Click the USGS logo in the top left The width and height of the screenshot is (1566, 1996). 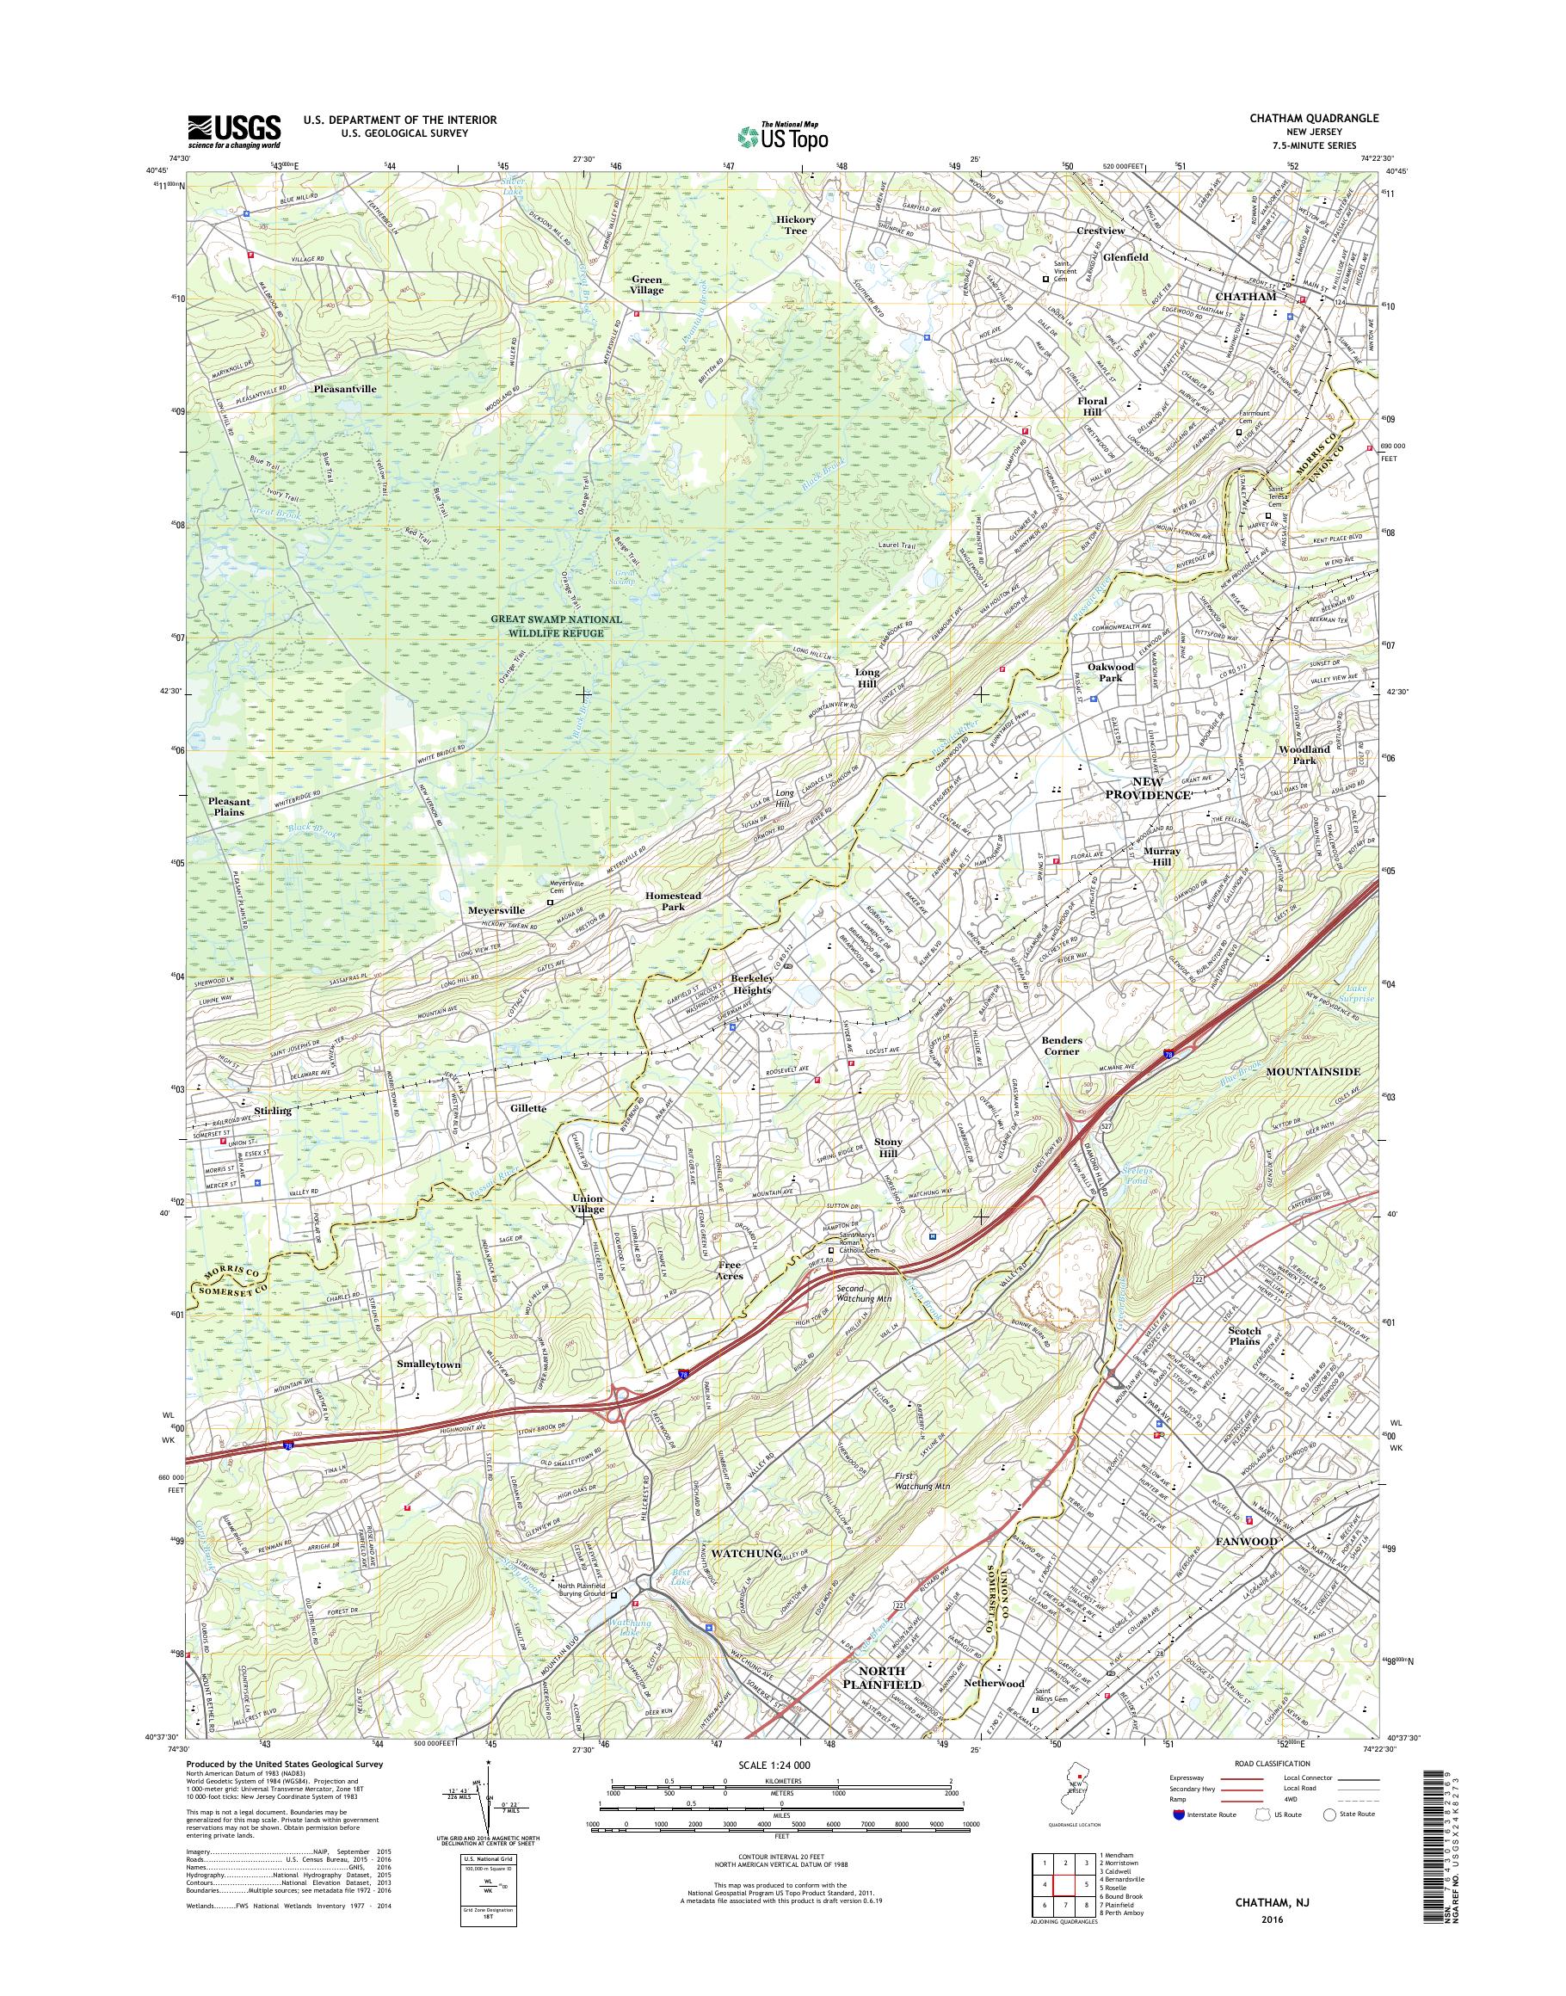point(234,131)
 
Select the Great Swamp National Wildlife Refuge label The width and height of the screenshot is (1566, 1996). point(557,626)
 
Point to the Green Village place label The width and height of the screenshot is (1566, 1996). point(647,284)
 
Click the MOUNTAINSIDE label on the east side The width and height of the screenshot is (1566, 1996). point(1312,1072)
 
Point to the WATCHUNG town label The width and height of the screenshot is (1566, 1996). point(744,1553)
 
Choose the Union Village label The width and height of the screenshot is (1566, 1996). point(588,1204)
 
